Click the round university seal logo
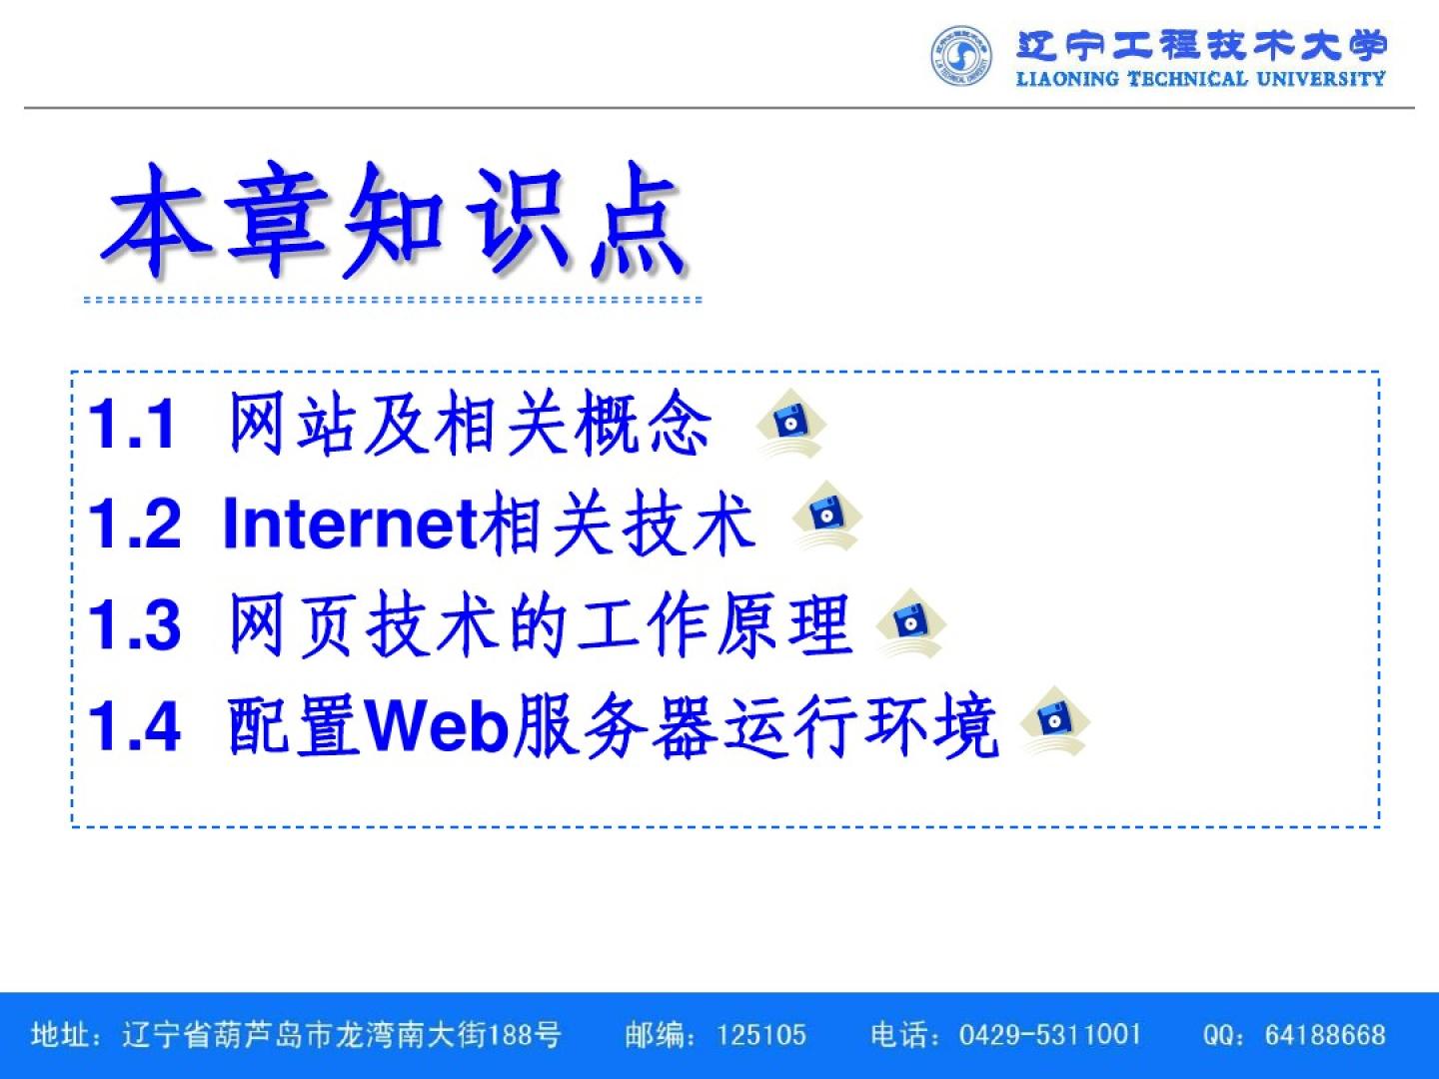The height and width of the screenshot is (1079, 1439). pyautogui.click(x=961, y=56)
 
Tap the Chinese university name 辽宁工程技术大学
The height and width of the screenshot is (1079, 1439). pyautogui.click(x=1202, y=45)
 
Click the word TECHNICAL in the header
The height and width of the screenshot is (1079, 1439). pyautogui.click(x=1187, y=79)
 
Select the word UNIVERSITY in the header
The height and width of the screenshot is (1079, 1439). pyautogui.click(x=1321, y=79)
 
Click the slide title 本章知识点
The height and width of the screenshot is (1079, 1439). pyautogui.click(x=394, y=221)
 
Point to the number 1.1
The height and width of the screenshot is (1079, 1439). pyautogui.click(x=131, y=424)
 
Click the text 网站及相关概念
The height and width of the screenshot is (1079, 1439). pyautogui.click(x=470, y=423)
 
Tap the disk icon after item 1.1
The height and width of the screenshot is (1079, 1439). pyautogui.click(x=790, y=424)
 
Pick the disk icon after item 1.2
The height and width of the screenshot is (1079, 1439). pyautogui.click(x=826, y=516)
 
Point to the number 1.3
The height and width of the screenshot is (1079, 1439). pyautogui.click(x=134, y=624)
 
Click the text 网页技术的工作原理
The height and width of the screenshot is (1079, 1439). pyautogui.click(x=541, y=624)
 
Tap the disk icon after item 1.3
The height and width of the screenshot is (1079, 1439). pyautogui.click(x=910, y=623)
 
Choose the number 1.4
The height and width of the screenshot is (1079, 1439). pyautogui.click(x=134, y=725)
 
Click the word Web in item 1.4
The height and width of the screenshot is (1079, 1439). pyautogui.click(x=437, y=725)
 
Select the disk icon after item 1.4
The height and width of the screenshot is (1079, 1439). pyautogui.click(x=1055, y=720)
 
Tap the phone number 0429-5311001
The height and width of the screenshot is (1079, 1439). pyautogui.click(x=1049, y=1035)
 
